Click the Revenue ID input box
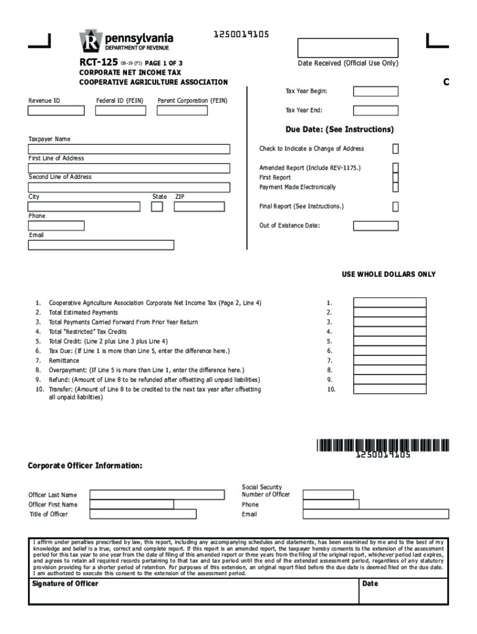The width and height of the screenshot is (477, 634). pyautogui.click(x=56, y=111)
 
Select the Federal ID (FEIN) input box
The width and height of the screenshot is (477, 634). pyautogui.click(x=121, y=111)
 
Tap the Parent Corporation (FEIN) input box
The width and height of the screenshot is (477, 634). pyautogui.click(x=193, y=111)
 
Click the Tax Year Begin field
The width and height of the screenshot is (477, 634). pyautogui.click(x=375, y=92)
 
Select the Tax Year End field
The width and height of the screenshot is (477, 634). pyautogui.click(x=375, y=111)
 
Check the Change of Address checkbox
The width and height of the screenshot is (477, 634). pyautogui.click(x=395, y=149)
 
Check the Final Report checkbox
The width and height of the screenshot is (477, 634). pyautogui.click(x=395, y=206)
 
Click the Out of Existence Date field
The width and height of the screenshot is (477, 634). pyautogui.click(x=375, y=225)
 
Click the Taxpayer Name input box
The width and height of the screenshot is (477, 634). pyautogui.click(x=129, y=149)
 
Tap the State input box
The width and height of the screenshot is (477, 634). pyautogui.click(x=157, y=206)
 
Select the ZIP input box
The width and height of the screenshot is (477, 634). pyautogui.click(x=199, y=206)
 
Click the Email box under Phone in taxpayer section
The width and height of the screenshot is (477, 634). pyautogui.click(x=101, y=245)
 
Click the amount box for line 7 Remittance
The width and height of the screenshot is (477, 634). pyautogui.click(x=390, y=360)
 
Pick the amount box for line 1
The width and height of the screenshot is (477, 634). pyautogui.click(x=390, y=303)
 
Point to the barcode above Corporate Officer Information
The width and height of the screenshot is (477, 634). pyautogui.click(x=382, y=445)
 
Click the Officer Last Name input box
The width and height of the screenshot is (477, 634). pyautogui.click(x=157, y=495)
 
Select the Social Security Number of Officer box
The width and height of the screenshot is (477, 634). pyautogui.click(x=328, y=495)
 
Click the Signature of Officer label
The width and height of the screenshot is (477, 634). pyautogui.click(x=64, y=584)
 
